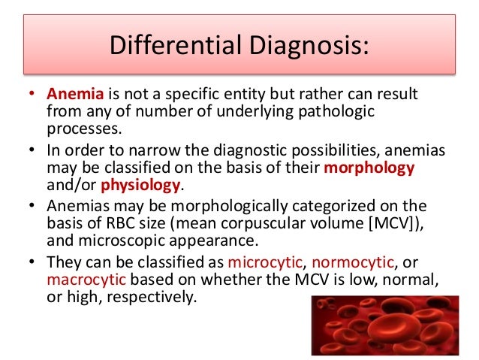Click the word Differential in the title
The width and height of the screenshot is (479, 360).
(x=176, y=45)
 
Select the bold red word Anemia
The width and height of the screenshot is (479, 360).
(x=75, y=94)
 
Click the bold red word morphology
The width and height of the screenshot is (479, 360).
(x=369, y=168)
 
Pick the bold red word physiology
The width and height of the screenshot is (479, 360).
(x=140, y=186)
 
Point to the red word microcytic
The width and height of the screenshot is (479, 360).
(x=265, y=263)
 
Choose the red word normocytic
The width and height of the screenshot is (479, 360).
(x=353, y=263)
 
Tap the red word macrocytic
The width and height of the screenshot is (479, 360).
(x=86, y=280)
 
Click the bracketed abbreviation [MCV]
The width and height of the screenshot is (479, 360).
(x=391, y=223)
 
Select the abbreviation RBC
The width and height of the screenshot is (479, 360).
(x=120, y=223)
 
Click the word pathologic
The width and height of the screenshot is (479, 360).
(x=336, y=111)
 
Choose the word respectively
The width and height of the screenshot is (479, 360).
(x=149, y=298)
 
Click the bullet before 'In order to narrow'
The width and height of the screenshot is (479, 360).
(x=32, y=150)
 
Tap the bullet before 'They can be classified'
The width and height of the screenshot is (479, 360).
(x=32, y=262)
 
